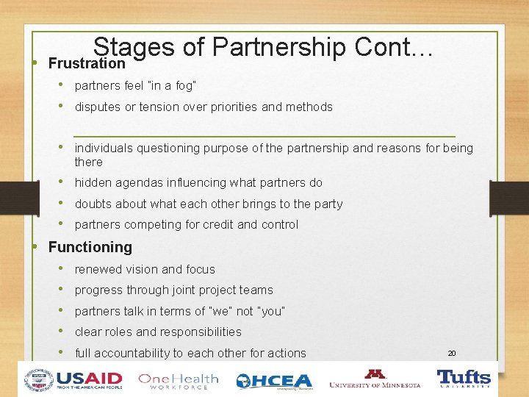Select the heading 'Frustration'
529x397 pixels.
pyautogui.click(x=87, y=64)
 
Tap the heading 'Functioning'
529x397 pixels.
pyautogui.click(x=90, y=248)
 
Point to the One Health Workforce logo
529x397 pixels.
pyautogui.click(x=178, y=381)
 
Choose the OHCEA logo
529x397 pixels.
pyautogui.click(x=273, y=381)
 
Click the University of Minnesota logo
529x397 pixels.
pyautogui.click(x=375, y=379)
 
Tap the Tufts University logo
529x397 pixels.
pyautogui.click(x=464, y=379)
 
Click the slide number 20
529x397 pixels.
pyautogui.click(x=452, y=354)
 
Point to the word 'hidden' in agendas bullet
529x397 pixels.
pyautogui.click(x=93, y=183)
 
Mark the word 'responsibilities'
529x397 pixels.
pyautogui.click(x=199, y=332)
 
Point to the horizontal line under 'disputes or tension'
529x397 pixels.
pyautogui.click(x=264, y=136)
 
